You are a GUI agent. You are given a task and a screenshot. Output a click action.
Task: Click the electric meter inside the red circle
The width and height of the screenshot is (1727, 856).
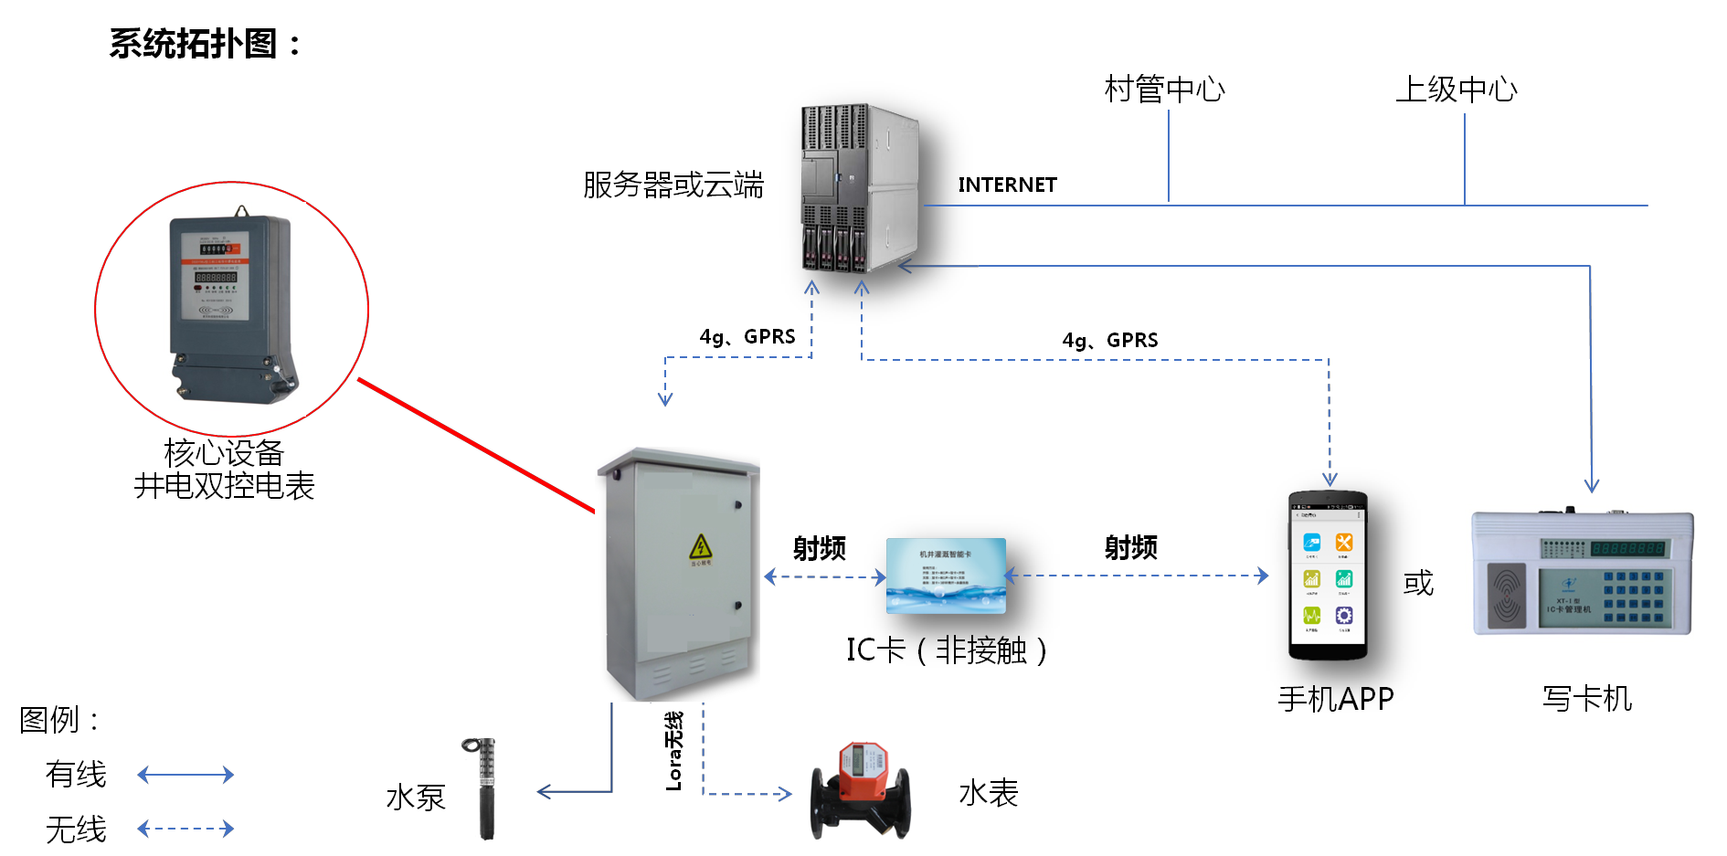click(x=234, y=309)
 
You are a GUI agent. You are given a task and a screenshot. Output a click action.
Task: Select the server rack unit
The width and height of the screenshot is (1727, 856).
click(x=859, y=188)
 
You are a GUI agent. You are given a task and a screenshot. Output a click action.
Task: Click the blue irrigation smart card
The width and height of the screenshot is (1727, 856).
click(x=946, y=576)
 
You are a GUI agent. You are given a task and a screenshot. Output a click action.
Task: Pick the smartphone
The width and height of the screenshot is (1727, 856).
click(x=1328, y=575)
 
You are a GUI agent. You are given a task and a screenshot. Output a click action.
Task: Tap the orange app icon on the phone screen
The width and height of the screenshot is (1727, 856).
click(x=1344, y=543)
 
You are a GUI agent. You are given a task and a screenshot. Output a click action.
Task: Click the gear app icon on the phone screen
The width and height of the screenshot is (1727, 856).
click(x=1344, y=615)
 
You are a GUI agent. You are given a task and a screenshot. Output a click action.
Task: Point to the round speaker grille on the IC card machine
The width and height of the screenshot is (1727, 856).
click(x=1507, y=596)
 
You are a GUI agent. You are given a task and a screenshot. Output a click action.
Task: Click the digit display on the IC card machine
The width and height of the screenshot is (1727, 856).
click(x=1628, y=548)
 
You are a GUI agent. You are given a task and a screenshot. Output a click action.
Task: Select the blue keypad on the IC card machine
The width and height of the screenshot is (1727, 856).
click(x=1634, y=597)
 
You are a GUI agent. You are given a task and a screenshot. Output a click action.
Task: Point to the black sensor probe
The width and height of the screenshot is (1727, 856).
click(x=484, y=787)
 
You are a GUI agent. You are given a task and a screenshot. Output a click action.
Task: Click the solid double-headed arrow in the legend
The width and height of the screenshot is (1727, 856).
click(x=185, y=775)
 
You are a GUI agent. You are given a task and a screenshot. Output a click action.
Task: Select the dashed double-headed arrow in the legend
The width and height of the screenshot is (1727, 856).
click(x=185, y=829)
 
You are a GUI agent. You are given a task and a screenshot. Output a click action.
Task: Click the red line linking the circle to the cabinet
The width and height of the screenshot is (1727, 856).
click(x=475, y=445)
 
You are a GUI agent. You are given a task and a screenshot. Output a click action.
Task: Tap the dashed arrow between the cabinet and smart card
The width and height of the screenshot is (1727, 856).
click(x=825, y=576)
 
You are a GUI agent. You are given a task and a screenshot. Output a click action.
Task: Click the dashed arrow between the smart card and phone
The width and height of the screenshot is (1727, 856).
click(x=1137, y=576)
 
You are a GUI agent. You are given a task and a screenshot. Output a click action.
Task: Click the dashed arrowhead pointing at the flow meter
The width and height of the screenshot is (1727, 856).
click(x=784, y=794)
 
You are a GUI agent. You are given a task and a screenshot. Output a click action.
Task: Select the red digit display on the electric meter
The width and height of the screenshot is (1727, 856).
click(x=217, y=277)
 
